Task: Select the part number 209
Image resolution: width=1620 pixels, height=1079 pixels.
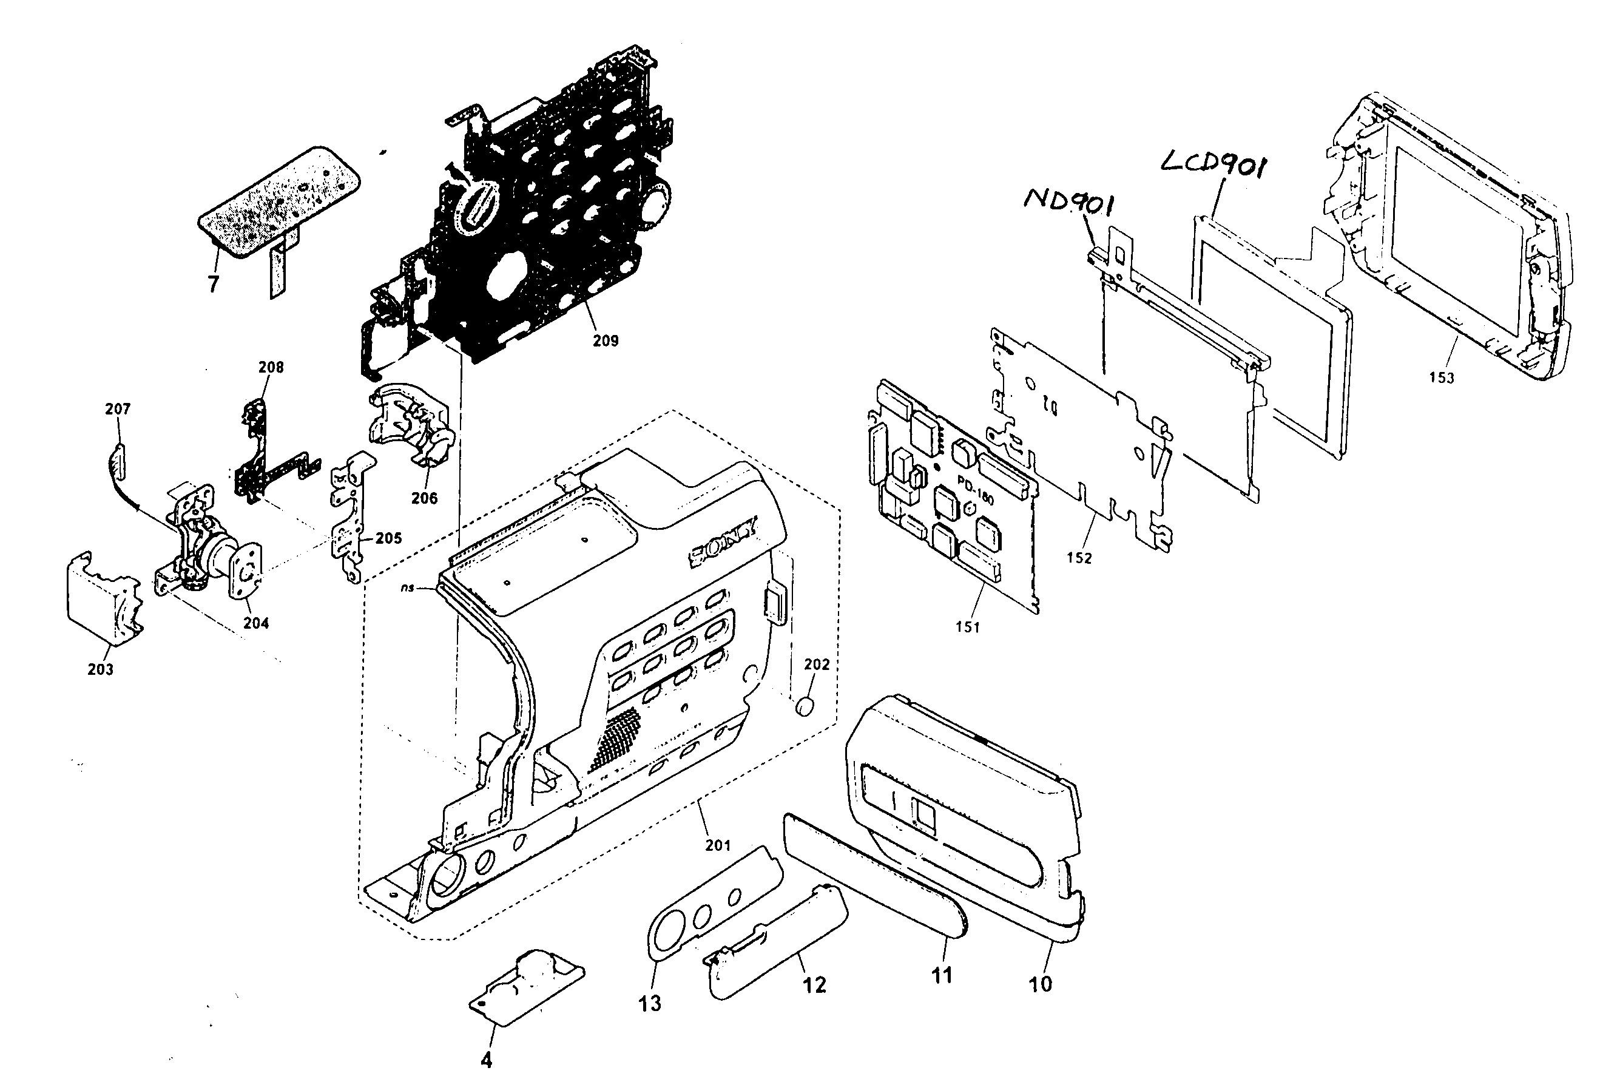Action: point(606,340)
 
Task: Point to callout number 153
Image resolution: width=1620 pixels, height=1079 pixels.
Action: point(1441,377)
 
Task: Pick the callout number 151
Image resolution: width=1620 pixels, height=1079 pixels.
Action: point(967,627)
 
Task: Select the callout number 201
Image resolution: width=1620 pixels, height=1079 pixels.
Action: point(718,845)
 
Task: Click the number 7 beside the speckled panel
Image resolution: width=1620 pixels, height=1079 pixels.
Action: point(213,283)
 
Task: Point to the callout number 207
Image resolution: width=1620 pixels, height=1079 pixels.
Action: point(118,409)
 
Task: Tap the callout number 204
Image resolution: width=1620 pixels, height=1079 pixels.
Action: point(256,623)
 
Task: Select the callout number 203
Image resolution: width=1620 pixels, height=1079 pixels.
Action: point(101,669)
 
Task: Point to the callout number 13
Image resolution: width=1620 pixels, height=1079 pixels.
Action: point(649,1003)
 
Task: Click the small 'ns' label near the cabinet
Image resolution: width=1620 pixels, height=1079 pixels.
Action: point(407,589)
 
